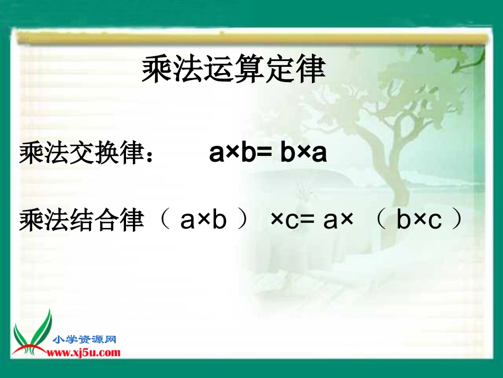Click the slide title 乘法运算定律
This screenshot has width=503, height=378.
pyautogui.click(x=233, y=70)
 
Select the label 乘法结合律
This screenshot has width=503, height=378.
pyautogui.click(x=82, y=221)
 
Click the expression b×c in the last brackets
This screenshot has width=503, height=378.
pyautogui.click(x=419, y=221)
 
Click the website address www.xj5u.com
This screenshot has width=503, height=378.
pyautogui.click(x=85, y=353)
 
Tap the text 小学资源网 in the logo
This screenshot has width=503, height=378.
pyautogui.click(x=85, y=340)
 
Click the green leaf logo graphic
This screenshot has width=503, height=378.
pyautogui.click(x=33, y=335)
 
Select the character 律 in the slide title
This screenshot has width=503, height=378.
pyautogui.click(x=310, y=70)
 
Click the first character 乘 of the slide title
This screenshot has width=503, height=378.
pyautogui.click(x=157, y=70)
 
